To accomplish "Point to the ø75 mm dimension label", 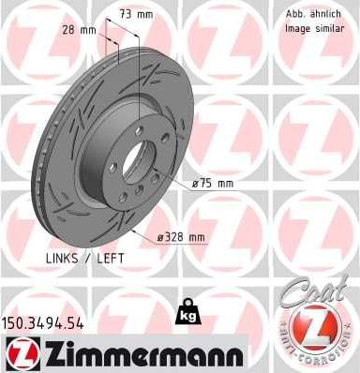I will [x=212, y=184].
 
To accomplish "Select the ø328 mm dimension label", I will [x=182, y=237].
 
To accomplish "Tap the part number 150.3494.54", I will [x=44, y=322].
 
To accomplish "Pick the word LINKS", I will [x=62, y=256].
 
